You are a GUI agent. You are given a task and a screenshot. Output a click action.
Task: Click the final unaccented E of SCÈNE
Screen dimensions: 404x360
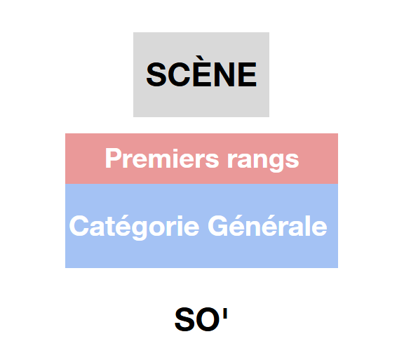pyautogui.click(x=247, y=74)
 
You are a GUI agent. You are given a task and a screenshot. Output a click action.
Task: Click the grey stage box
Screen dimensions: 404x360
pyautogui.click(x=201, y=74)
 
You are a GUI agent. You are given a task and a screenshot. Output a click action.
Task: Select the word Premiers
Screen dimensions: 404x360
pyautogui.click(x=162, y=159)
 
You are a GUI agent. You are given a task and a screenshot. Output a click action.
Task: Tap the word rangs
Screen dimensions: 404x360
pyautogui.click(x=263, y=161)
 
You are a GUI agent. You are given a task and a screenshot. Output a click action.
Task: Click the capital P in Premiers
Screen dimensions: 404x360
pyautogui.click(x=114, y=159)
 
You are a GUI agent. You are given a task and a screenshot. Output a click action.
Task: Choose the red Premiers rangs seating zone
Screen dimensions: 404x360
pyautogui.click(x=201, y=159)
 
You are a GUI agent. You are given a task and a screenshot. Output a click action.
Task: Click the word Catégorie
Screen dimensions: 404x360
pyautogui.click(x=134, y=227)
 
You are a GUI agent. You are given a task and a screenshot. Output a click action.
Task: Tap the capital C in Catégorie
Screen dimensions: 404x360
pyautogui.click(x=79, y=226)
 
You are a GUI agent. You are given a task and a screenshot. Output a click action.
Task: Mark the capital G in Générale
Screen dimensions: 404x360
pyautogui.click(x=218, y=226)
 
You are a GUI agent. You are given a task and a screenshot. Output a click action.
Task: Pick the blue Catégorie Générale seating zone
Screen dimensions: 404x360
pyautogui.click(x=201, y=226)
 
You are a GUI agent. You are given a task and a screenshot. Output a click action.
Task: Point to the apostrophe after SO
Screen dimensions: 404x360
pyautogui.click(x=225, y=312)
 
